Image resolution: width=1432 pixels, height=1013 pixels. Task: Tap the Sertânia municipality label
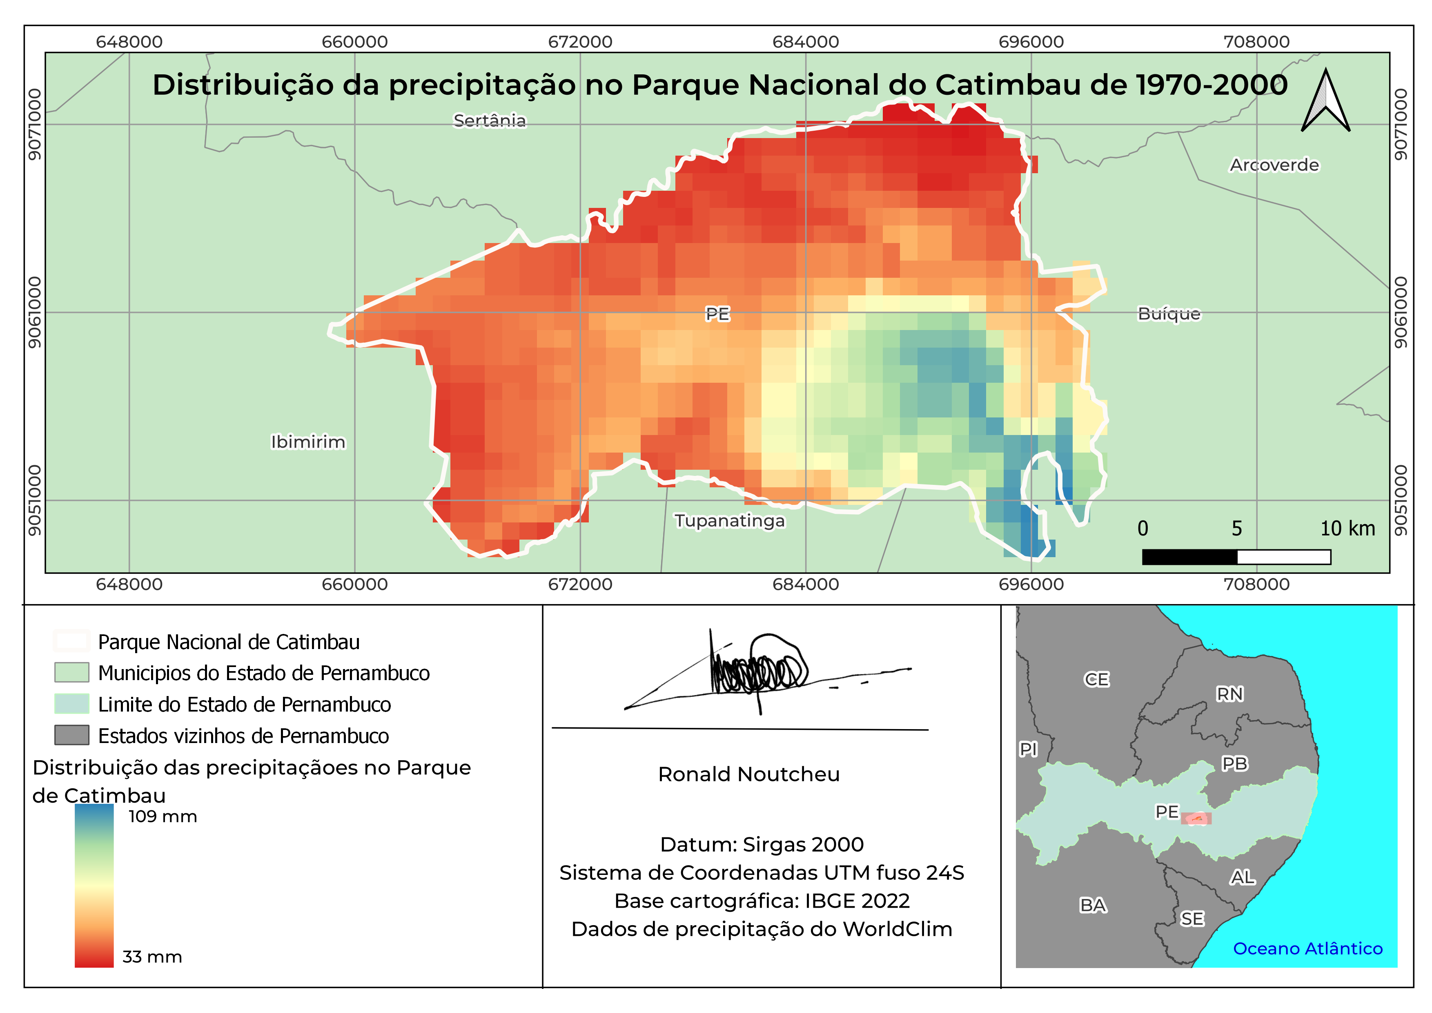coord(490,120)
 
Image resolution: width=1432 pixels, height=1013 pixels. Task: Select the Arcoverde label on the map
coord(1274,165)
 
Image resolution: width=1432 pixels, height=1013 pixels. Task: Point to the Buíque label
coord(1169,314)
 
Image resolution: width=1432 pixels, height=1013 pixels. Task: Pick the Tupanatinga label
coord(729,521)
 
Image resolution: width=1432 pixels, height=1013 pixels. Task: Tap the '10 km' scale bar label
coord(1347,529)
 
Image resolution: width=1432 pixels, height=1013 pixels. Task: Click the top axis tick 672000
coord(580,42)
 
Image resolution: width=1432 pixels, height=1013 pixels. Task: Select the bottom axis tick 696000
coord(1031,585)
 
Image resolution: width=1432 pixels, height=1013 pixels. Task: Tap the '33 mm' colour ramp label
coord(152,957)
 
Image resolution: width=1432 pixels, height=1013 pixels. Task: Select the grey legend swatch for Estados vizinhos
coord(72,735)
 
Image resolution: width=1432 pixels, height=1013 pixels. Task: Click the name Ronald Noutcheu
coord(748,774)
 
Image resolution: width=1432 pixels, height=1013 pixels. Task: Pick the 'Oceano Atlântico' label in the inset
coord(1307,949)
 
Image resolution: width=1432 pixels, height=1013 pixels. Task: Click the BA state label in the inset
coord(1093,905)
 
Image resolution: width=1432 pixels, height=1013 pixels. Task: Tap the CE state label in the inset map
coord(1096,679)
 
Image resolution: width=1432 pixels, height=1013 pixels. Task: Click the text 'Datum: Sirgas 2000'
coord(762,845)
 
